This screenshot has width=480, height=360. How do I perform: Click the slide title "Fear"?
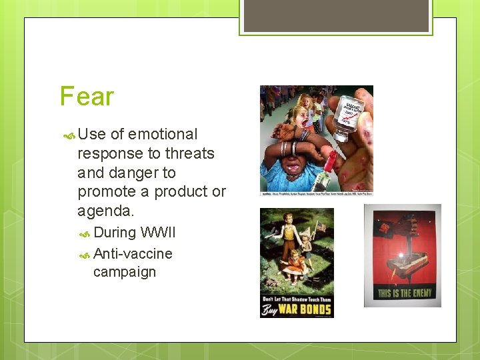(87, 97)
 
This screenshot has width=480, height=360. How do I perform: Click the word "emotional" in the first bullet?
(163, 135)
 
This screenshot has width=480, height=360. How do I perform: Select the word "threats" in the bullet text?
(189, 153)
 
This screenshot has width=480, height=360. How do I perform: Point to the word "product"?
(185, 192)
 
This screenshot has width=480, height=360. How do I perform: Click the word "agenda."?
(106, 211)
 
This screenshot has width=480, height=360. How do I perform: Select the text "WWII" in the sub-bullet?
(158, 233)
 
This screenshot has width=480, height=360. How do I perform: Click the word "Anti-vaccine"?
(133, 254)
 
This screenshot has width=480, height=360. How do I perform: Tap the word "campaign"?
(125, 272)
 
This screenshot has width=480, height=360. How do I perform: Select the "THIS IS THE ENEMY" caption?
(403, 293)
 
